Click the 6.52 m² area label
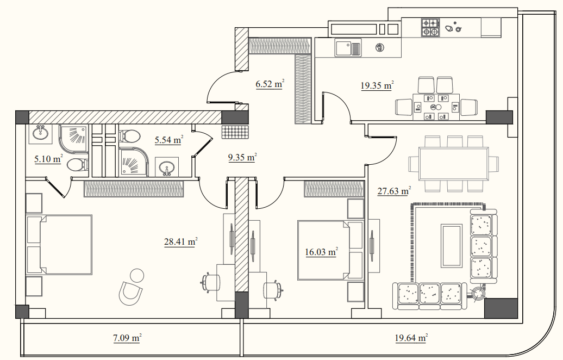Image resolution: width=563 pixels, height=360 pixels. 270,84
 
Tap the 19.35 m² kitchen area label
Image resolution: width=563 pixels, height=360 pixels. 377,85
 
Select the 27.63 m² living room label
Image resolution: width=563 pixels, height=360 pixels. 394,191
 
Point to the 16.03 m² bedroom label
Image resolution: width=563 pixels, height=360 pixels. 321,252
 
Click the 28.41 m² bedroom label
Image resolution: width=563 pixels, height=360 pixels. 180,241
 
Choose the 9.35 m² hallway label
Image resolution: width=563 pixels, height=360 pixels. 242,157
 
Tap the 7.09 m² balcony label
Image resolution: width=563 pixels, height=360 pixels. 127,338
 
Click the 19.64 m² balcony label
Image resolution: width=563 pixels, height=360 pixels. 411,338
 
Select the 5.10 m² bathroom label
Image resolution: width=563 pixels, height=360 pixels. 48,158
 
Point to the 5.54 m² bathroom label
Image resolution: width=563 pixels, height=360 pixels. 169,140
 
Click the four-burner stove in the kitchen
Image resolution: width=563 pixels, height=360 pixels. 430,28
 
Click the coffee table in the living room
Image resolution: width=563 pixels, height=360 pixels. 452,246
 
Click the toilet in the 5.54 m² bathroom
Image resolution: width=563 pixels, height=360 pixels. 129,136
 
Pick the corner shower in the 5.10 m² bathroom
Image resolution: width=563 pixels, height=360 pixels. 73,139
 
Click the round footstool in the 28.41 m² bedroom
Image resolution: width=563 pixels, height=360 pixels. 137,276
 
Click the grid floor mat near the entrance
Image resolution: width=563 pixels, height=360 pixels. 235,132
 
